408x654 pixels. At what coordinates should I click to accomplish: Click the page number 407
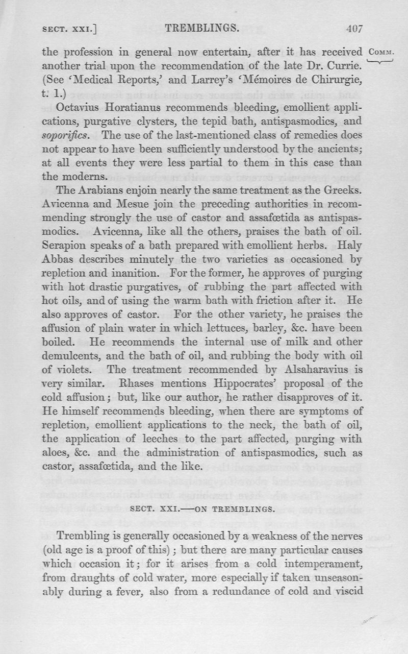[353, 29]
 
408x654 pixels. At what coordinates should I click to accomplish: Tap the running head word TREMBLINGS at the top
[202, 29]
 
